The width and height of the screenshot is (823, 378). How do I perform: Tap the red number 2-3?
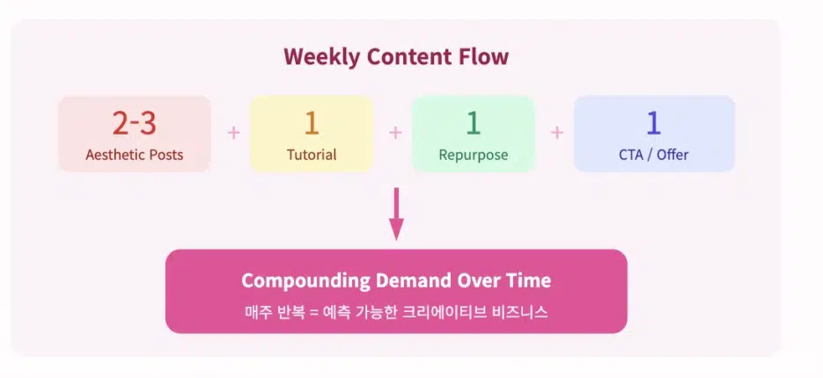(x=135, y=124)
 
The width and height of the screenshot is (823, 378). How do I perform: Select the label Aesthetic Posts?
(x=135, y=155)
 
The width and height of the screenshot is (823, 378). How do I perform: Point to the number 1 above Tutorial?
(x=312, y=124)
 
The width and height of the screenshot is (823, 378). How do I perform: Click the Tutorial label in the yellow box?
(x=312, y=155)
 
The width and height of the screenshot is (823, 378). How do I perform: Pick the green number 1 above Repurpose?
(x=473, y=124)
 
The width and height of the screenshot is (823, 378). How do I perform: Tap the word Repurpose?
(x=474, y=156)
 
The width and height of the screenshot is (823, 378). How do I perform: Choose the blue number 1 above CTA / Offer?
(x=653, y=124)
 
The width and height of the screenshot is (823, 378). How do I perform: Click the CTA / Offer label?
(x=653, y=155)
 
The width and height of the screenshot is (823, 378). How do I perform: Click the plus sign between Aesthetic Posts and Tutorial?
(x=233, y=133)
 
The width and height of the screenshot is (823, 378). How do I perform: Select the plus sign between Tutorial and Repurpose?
(x=395, y=133)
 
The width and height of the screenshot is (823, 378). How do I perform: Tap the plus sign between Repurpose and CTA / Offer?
(x=557, y=133)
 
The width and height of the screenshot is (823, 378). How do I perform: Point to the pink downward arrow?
(x=396, y=214)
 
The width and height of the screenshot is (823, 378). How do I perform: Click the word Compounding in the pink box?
(x=306, y=281)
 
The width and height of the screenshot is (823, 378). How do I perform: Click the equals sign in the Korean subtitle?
(x=314, y=313)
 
